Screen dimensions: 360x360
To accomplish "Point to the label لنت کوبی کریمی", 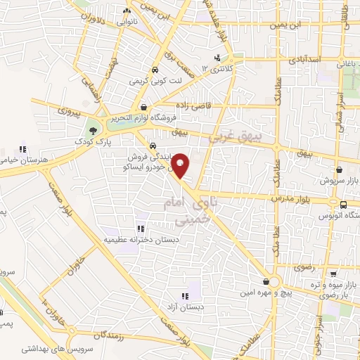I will coord(154,82).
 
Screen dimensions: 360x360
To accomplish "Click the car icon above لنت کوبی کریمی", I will coord(154,70).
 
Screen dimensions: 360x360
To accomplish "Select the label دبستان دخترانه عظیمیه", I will coord(140,240).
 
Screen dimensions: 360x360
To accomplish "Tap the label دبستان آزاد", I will coord(184,307).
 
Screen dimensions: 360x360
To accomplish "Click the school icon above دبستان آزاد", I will coord(184,296).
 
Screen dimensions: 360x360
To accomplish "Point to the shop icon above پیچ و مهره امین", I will coord(266,280).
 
